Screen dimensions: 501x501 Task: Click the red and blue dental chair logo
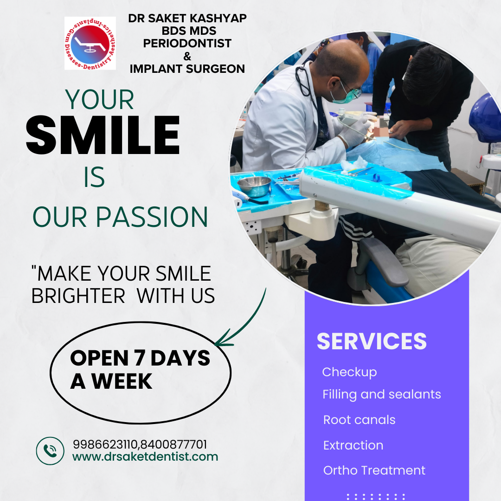point(90,43)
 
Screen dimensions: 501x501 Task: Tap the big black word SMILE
point(103,135)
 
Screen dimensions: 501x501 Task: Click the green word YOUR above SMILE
point(100,100)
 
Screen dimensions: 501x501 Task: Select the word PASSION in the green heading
point(152,217)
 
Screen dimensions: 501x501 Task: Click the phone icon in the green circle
point(50,450)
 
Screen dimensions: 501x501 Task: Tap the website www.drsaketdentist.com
point(145,456)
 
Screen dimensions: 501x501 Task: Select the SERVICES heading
point(372,341)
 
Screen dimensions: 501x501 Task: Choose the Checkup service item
point(350,373)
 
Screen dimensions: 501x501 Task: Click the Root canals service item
point(360,420)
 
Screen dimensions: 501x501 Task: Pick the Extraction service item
point(353,445)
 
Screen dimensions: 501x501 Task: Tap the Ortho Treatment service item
point(374,470)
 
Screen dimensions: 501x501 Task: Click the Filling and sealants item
point(381,395)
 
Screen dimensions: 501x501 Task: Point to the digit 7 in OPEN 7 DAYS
point(139,358)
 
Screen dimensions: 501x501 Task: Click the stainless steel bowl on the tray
point(254,186)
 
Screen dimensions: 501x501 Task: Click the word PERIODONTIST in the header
point(187,43)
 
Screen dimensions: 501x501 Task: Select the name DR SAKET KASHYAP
point(187,18)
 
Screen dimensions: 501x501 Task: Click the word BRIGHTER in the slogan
point(78,296)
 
